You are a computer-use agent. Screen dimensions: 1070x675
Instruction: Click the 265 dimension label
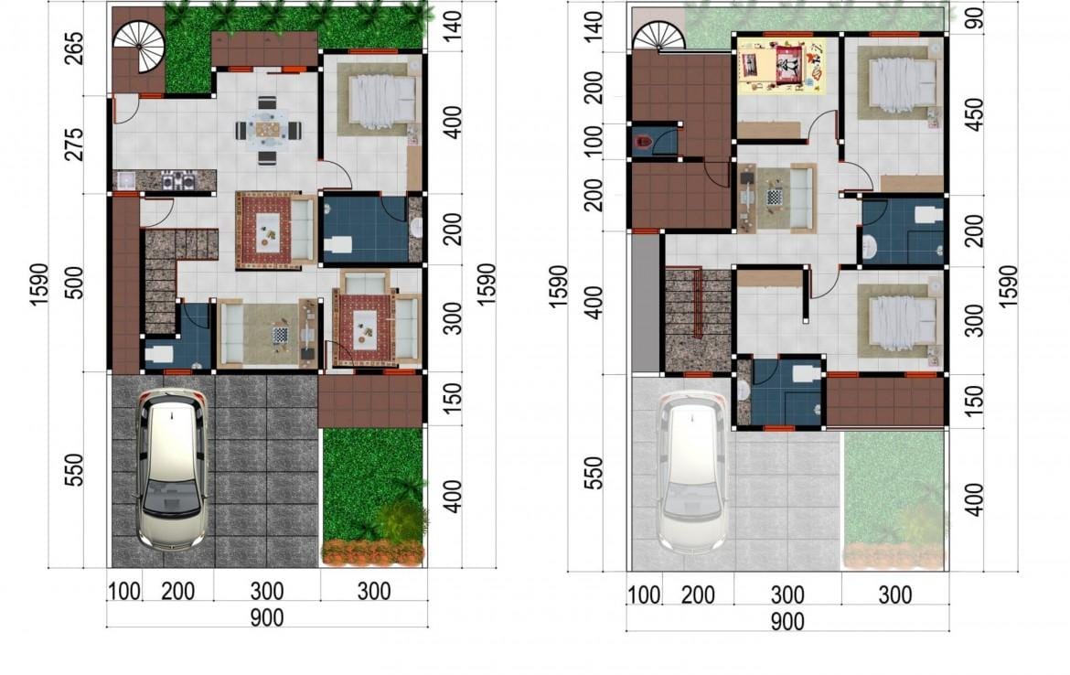coord(74,48)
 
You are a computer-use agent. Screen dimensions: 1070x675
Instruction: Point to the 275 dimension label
coord(74,144)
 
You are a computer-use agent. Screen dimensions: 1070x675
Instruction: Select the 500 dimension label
coord(74,283)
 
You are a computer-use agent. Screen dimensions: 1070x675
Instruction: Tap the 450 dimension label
coord(975,114)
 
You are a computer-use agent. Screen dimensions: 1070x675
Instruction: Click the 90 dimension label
coord(975,18)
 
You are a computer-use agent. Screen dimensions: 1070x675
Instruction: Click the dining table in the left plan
coord(268,130)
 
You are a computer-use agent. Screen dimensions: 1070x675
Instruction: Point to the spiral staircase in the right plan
coord(658,37)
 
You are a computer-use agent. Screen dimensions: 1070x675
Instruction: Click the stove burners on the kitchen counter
coord(177,181)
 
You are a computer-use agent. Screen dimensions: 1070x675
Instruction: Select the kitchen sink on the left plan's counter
coord(125,181)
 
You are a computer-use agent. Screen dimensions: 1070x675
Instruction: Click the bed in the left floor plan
coord(382,102)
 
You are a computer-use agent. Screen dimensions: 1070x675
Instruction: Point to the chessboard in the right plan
coord(774,198)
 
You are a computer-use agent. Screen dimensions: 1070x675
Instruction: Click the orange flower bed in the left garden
coord(372,552)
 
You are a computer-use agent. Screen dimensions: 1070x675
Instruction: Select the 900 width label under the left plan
coord(267,617)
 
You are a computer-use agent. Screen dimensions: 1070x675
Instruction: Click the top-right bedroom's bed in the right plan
coord(904,83)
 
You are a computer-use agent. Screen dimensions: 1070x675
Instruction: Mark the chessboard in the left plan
coord(280,335)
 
